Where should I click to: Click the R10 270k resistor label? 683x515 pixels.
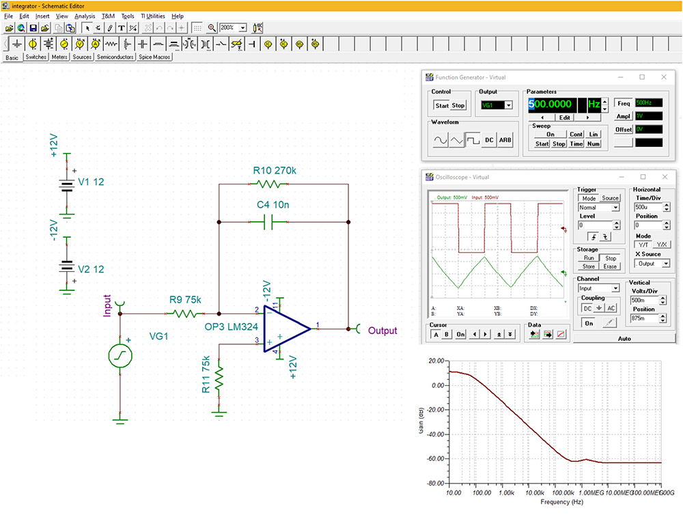[275, 170]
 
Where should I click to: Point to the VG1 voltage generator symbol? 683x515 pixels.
[120, 354]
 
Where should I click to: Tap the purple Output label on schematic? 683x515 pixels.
[382, 331]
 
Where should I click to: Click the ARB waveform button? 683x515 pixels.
[505, 140]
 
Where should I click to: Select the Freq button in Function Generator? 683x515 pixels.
[624, 103]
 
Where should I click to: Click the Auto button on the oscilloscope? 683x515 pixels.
[624, 338]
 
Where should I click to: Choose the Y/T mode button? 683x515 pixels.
[643, 244]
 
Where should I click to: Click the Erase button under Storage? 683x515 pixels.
[611, 266]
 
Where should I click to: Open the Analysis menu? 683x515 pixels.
[85, 16]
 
